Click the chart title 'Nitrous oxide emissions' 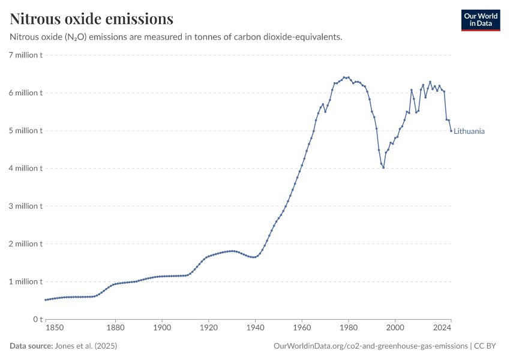pyautogui.click(x=92, y=19)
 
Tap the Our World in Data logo pyautogui.click(x=481, y=20)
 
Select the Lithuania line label pyautogui.click(x=469, y=131)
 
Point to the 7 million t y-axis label pyautogui.click(x=25, y=55)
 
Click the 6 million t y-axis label pyautogui.click(x=25, y=93)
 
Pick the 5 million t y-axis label pyautogui.click(x=25, y=131)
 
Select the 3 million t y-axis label pyautogui.click(x=25, y=206)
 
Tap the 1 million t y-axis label pyautogui.click(x=25, y=281)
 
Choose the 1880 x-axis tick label pyautogui.click(x=115, y=328)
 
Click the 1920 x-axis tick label pyautogui.click(x=208, y=328)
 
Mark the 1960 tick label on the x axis pyautogui.click(x=302, y=328)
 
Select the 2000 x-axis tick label pyautogui.click(x=395, y=328)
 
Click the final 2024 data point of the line pyautogui.click(x=451, y=131)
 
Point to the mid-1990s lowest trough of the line pyautogui.click(x=383, y=167)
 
